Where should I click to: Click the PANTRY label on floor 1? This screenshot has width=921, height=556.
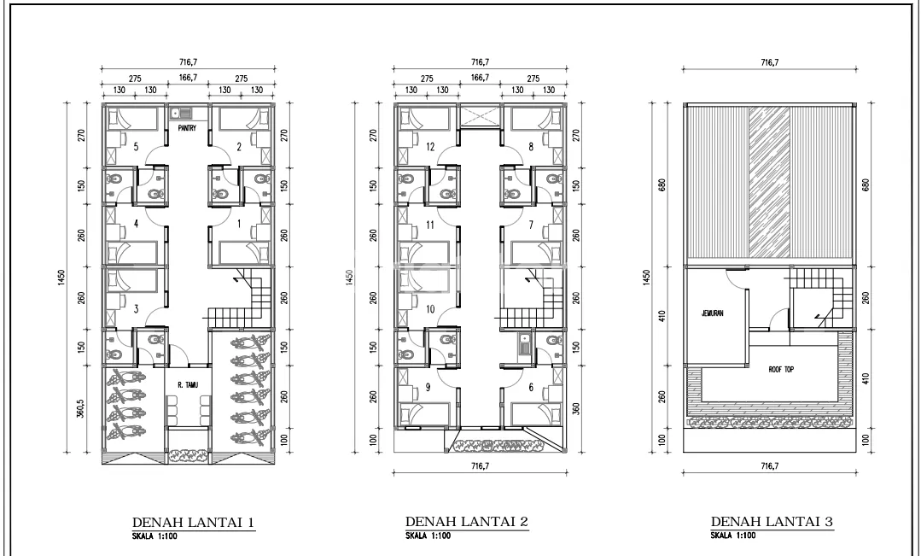point(188,127)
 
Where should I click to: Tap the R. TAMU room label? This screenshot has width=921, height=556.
point(188,385)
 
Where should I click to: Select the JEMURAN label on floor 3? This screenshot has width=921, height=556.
point(712,313)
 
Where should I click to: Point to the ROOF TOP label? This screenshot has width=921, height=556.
point(781,370)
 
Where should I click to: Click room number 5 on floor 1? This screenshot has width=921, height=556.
point(136,146)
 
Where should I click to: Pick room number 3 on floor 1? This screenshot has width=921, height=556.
point(136,308)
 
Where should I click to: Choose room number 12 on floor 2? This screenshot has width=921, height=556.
point(430,146)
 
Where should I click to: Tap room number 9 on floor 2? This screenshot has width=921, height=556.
point(428,387)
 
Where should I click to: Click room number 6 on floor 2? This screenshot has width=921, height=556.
point(531,387)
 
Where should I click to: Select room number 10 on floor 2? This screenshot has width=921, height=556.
point(430,309)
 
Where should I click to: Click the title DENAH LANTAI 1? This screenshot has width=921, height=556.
point(193,523)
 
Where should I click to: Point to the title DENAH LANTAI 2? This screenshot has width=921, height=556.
point(466,521)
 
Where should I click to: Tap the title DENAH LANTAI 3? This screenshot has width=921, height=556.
point(772,521)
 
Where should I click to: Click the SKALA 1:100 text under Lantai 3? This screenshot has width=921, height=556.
point(733,536)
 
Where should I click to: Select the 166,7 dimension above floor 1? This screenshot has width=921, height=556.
point(188,78)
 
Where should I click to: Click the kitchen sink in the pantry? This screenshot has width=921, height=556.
point(182,112)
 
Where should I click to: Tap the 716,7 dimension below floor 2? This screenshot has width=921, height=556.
point(480,466)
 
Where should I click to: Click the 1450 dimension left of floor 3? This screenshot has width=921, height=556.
point(646,278)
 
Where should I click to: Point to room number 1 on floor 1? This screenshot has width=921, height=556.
point(239,224)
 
